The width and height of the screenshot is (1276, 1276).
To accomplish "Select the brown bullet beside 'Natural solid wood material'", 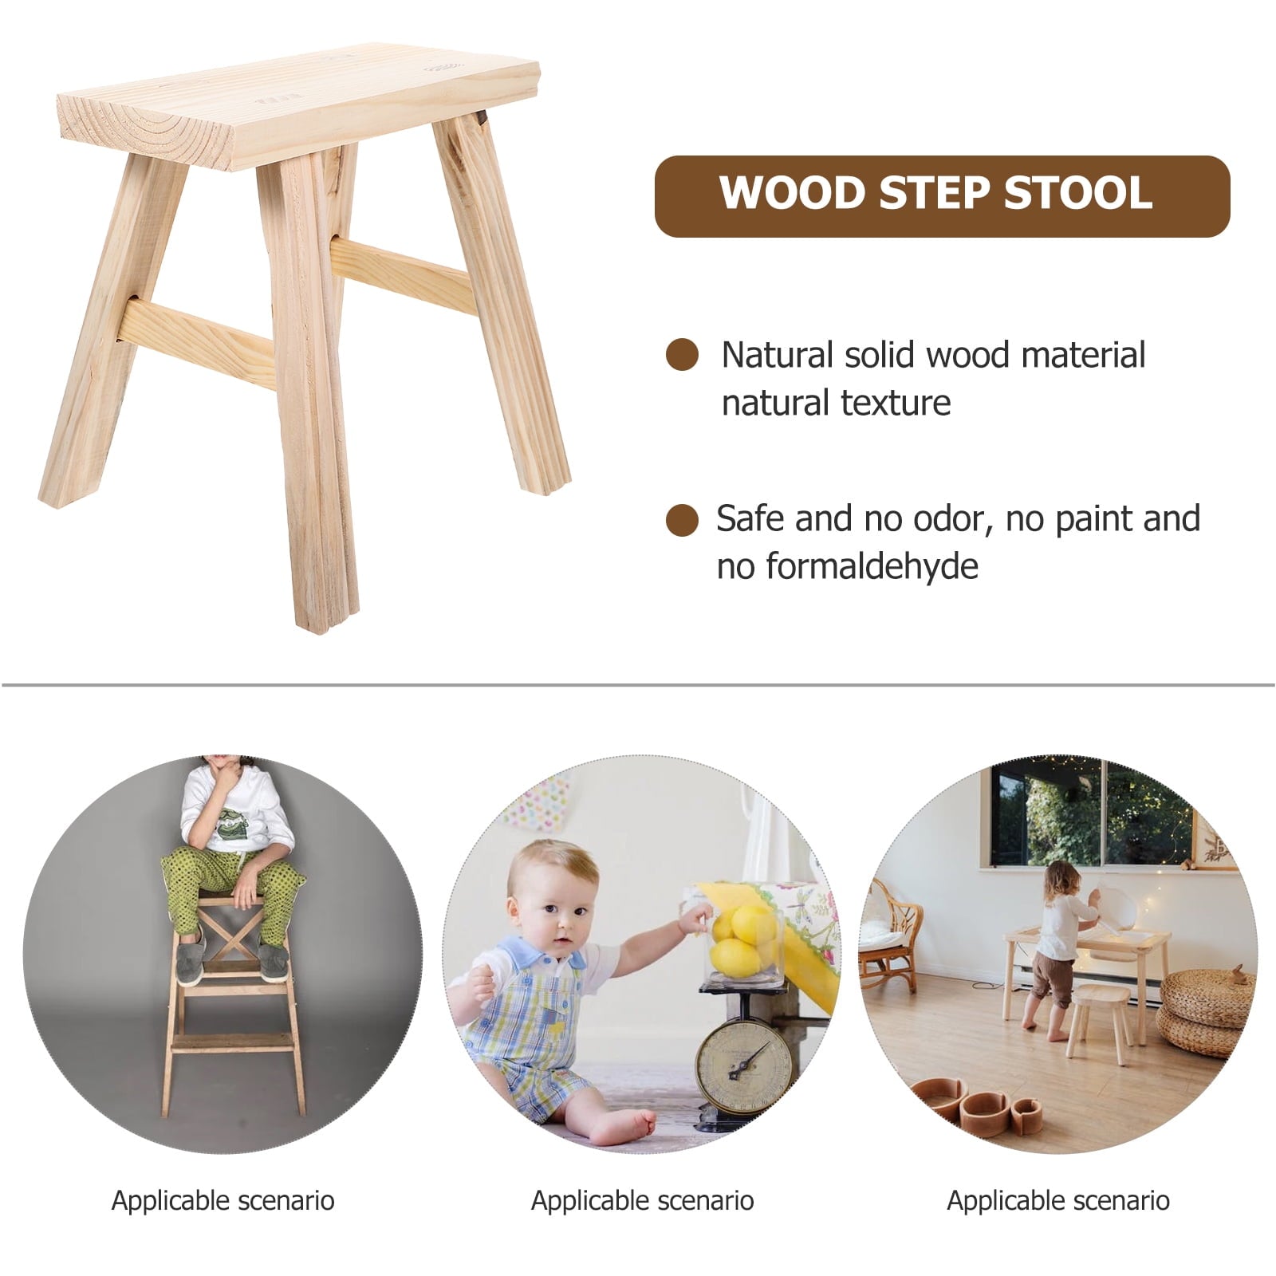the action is (x=682, y=355).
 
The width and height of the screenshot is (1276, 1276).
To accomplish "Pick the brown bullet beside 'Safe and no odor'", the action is (x=682, y=520).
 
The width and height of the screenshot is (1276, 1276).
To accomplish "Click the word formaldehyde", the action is (x=872, y=566).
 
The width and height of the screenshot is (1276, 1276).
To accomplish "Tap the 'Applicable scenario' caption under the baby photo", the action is (x=642, y=1200).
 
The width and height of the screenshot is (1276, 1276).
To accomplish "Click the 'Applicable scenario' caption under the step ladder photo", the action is (x=223, y=1200).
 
